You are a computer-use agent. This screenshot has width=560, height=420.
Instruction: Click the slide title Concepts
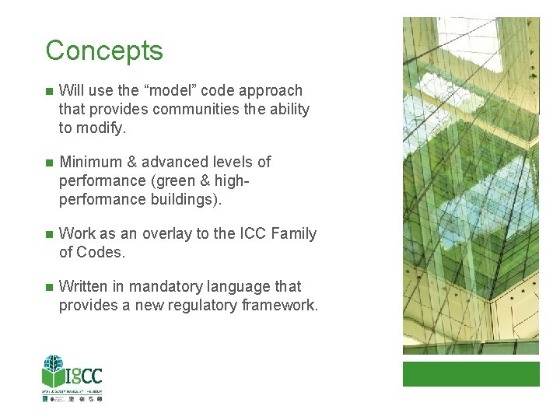pos(104,51)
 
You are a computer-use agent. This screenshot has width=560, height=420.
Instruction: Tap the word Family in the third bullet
pos(293,234)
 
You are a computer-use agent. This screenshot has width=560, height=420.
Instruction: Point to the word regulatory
pos(179,306)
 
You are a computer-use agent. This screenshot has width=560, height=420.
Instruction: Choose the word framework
pos(278,306)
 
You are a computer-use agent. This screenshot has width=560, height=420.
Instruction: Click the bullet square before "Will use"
pos(48,92)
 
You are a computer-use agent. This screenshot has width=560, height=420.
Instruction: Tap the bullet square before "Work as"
pos(48,235)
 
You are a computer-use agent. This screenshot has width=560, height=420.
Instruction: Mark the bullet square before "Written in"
pos(48,288)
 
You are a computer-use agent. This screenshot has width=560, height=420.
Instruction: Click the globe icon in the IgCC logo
pos(54,366)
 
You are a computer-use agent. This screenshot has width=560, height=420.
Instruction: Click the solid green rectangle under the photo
pos(471,373)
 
